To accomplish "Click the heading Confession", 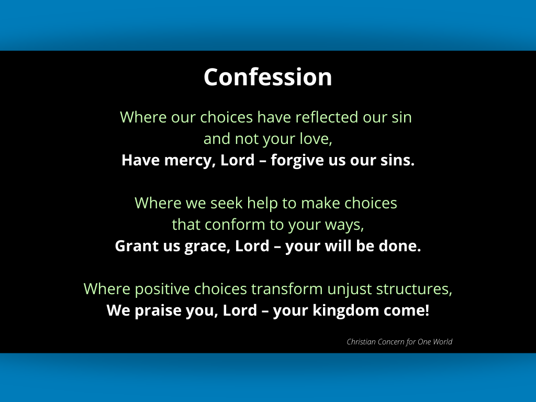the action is (x=267, y=77).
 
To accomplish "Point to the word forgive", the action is (x=297, y=160).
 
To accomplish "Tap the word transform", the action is (x=287, y=288).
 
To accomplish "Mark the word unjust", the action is (x=349, y=289).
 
